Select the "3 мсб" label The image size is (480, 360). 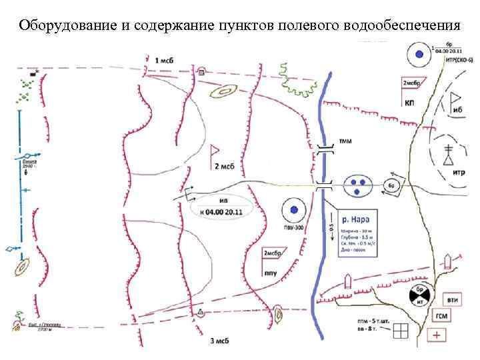221,341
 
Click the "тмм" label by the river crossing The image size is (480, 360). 346,141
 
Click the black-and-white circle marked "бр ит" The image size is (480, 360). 419,297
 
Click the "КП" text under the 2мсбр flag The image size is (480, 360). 410,103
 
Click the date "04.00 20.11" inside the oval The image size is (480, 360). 224,212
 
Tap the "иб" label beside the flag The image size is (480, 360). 457,110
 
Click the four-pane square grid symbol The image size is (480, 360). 401,331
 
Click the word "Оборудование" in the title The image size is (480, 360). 60,26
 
